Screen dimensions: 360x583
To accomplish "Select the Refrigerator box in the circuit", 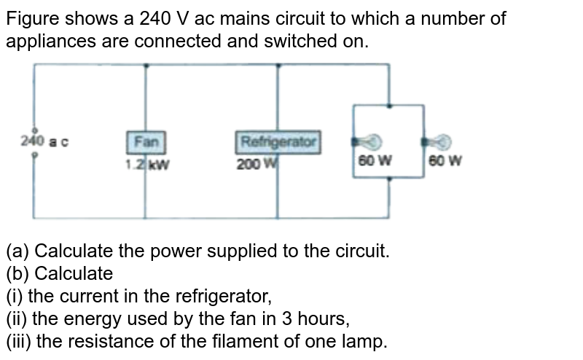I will coord(279,141).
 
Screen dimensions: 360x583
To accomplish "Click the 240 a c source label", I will coord(44,142).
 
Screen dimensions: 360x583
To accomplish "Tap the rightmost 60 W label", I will coord(445,162).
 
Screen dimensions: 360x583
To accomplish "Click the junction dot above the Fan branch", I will coord(146,64).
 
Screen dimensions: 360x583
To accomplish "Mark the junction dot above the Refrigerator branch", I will coord(278,64).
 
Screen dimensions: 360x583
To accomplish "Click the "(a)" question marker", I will coord(17,252).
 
